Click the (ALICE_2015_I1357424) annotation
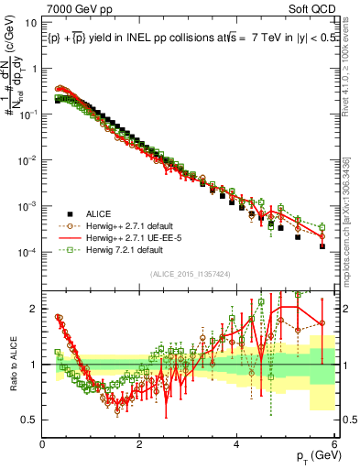click(x=188, y=273)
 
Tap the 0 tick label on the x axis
click(x=43, y=445)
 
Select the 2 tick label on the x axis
click(x=140, y=445)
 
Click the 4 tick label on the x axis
click(x=237, y=445)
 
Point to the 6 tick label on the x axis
click(x=334, y=445)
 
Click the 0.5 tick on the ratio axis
click(x=30, y=420)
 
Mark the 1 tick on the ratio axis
click(x=35, y=364)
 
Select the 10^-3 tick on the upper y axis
click(x=29, y=206)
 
